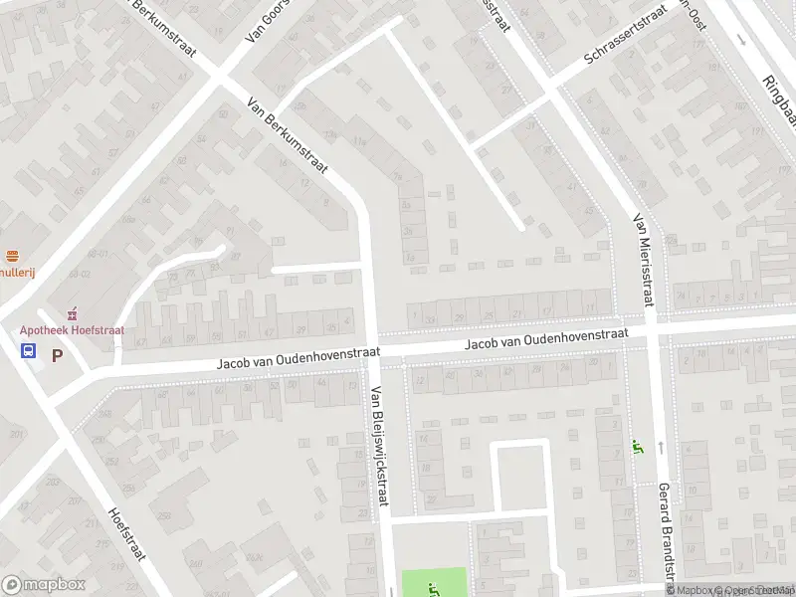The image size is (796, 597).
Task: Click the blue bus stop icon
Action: pyautogui.click(x=28, y=350)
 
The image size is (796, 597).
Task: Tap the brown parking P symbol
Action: pyautogui.click(x=57, y=354)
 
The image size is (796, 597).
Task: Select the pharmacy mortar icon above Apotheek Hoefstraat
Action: pyautogui.click(x=71, y=313)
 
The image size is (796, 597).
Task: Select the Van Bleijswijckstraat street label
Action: pyautogui.click(x=378, y=446)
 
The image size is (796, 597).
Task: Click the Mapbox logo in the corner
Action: pyautogui.click(x=43, y=585)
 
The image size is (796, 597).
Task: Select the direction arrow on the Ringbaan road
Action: pyautogui.click(x=740, y=40)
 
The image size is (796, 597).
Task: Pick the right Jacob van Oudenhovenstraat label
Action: pyautogui.click(x=547, y=340)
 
